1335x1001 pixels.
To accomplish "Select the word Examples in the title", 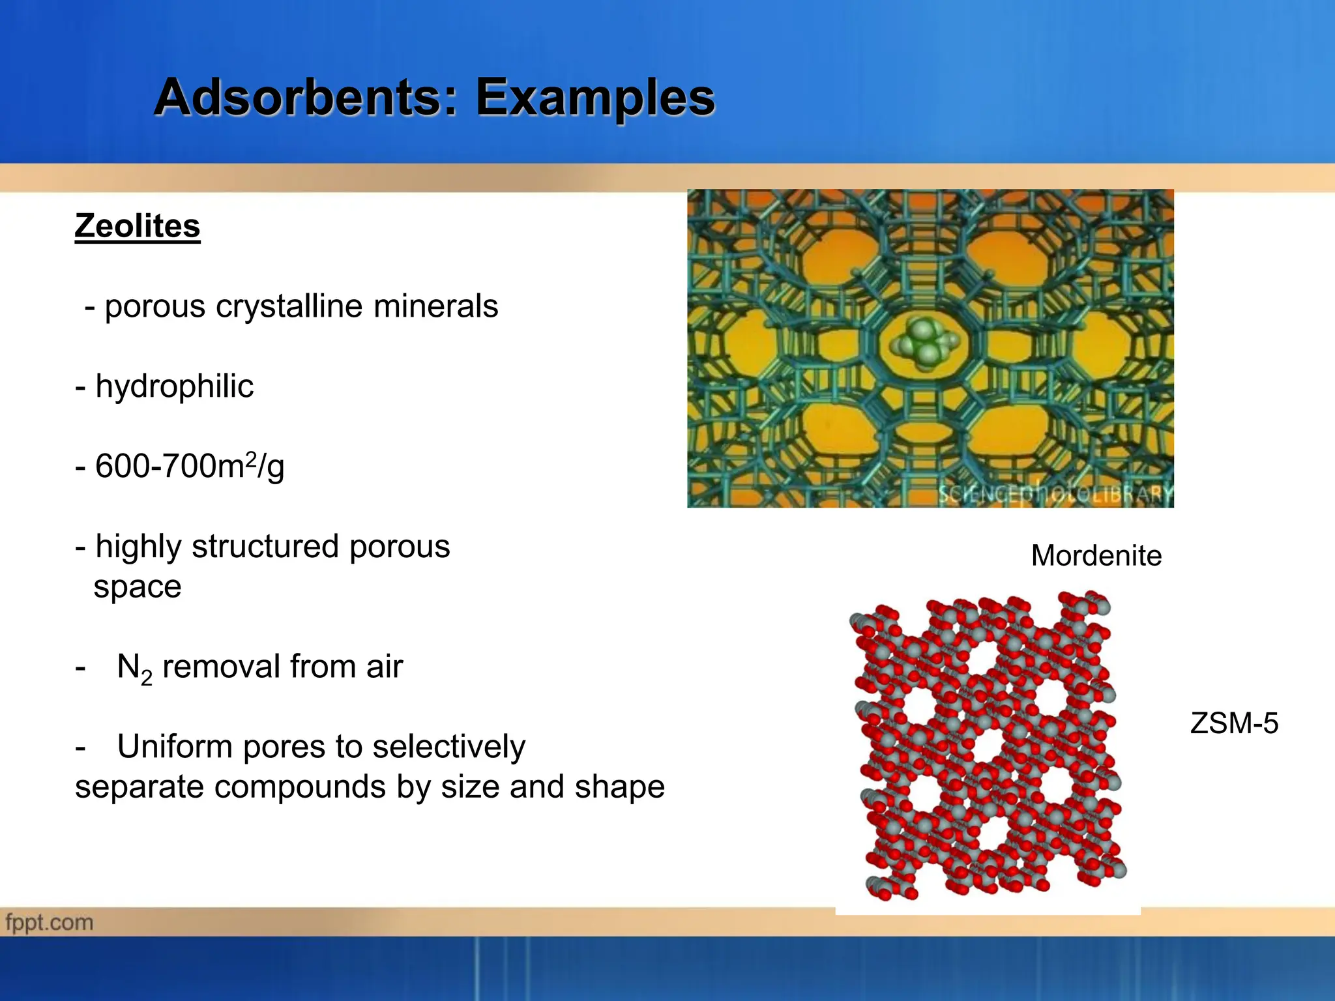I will point(595,98).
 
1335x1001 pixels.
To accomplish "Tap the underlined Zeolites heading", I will point(138,226).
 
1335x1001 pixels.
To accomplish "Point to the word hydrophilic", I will point(174,386).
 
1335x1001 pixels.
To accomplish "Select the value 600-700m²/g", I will point(189,467).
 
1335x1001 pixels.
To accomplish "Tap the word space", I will point(138,587).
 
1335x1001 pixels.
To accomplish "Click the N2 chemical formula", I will point(134,668).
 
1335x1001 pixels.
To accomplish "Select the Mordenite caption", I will point(1096,556).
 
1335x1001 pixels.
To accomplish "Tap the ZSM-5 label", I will point(1233,724).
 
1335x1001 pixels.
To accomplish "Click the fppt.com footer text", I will point(50,923).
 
